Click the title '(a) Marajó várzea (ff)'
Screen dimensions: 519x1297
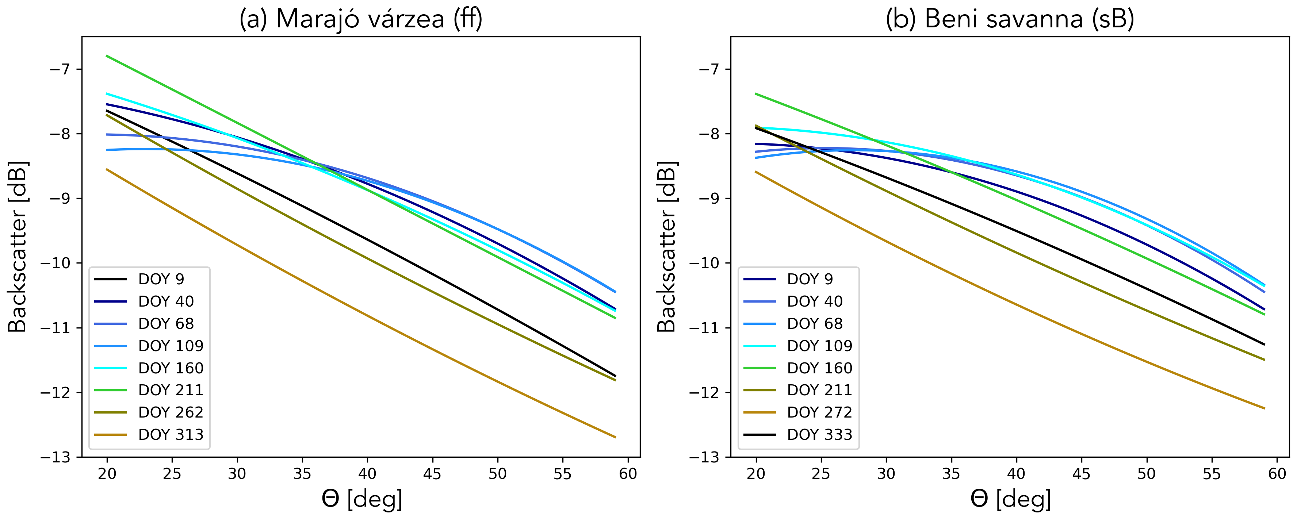click(360, 19)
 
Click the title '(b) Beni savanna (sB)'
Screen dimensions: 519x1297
click(1010, 19)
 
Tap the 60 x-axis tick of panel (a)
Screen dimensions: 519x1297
click(628, 474)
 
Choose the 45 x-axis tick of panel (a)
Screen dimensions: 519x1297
click(432, 474)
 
